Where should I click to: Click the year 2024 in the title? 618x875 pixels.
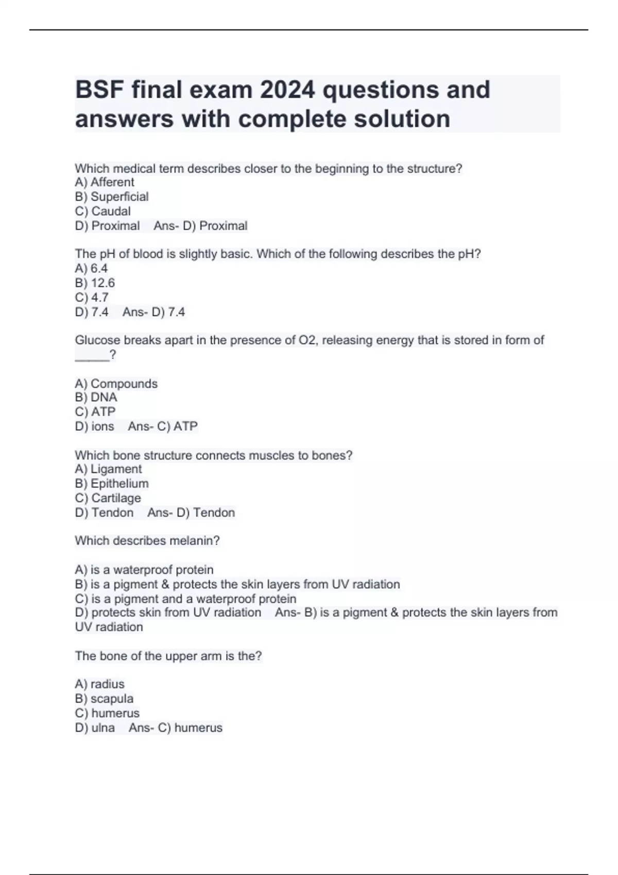click(287, 90)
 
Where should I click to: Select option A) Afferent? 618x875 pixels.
click(105, 182)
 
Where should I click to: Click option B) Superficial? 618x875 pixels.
click(112, 197)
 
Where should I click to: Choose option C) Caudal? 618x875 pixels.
click(103, 211)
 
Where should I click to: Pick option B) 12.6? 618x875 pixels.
click(95, 283)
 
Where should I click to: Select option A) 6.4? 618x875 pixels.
click(91, 269)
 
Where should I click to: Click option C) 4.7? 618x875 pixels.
click(92, 297)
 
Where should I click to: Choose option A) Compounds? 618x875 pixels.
click(116, 384)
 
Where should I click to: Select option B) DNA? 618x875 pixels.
click(96, 397)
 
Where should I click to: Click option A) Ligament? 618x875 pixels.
click(108, 469)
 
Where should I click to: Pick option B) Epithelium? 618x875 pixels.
click(112, 483)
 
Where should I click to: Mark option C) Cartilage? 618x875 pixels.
click(108, 498)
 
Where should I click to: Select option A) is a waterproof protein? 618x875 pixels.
click(144, 570)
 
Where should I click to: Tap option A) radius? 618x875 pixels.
click(100, 684)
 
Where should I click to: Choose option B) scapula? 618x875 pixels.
click(104, 698)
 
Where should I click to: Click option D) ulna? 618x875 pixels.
click(95, 728)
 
